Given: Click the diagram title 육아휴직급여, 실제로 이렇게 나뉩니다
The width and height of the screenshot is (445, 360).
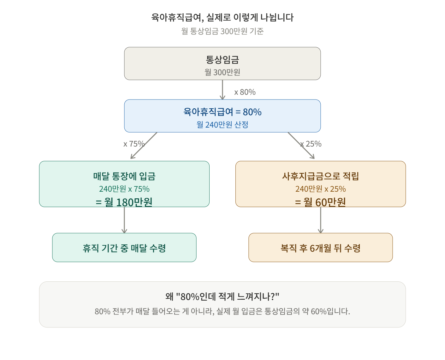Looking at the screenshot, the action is (222, 17).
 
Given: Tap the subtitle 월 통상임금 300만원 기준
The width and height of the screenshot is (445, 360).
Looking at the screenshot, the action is (222, 31).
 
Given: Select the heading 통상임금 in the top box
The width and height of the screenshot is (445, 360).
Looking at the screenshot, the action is (222, 60).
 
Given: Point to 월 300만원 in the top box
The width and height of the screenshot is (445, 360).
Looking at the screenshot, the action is (222, 72).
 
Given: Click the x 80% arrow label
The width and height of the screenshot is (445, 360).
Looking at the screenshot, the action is (245, 92).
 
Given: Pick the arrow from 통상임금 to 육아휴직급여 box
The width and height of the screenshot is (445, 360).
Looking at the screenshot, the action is (222, 90).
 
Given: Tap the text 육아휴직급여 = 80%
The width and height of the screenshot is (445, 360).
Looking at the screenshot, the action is (222, 112).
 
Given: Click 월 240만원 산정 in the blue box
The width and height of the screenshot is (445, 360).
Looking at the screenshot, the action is (222, 125).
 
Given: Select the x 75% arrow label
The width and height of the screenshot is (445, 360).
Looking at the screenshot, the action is (134, 144).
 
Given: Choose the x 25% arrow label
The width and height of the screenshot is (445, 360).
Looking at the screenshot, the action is (311, 144).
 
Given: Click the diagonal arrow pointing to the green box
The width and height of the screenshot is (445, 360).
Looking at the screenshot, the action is (144, 146).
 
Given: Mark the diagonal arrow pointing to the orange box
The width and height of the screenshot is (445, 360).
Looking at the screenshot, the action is (301, 146).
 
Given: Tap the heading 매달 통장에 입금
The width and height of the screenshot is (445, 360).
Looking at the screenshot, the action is (124, 176).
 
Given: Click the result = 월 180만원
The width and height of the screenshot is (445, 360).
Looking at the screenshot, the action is (124, 202).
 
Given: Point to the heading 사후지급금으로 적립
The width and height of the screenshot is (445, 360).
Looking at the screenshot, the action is (320, 176).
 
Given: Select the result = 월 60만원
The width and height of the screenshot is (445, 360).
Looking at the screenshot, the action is (320, 202).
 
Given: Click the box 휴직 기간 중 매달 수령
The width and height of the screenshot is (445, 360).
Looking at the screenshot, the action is (124, 248).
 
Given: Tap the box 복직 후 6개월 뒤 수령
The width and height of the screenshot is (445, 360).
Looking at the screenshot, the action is (320, 248).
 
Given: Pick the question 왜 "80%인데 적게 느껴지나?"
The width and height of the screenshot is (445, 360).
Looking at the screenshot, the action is (222, 297).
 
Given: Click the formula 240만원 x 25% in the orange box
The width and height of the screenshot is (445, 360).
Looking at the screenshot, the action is (320, 189).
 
